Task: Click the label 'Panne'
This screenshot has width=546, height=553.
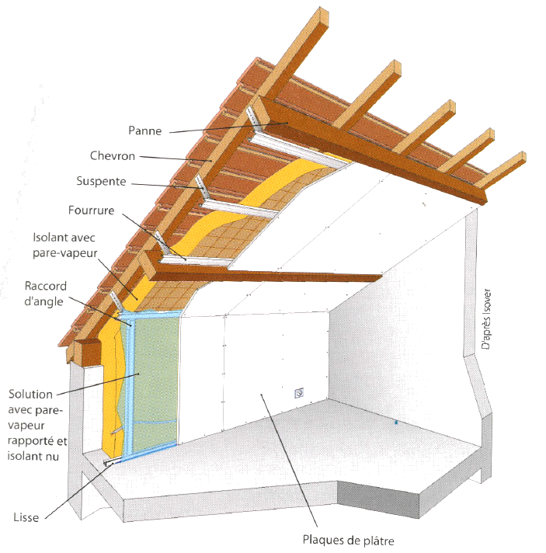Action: [x=145, y=130]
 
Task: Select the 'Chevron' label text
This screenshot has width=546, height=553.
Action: [x=113, y=156]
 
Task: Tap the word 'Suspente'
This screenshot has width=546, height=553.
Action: [x=101, y=181]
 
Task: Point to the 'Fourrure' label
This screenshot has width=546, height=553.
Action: [x=92, y=210]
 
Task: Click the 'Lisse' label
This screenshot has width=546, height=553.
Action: [x=26, y=517]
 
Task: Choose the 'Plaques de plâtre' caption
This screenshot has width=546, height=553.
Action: [x=349, y=540]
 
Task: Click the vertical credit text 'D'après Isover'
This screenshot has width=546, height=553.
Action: [x=486, y=319]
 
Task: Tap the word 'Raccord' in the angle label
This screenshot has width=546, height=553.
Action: [x=46, y=286]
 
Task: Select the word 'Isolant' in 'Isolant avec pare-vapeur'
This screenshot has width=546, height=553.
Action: [x=48, y=238]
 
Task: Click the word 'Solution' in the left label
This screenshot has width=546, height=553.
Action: [x=30, y=394]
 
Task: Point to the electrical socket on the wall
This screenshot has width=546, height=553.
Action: [x=299, y=392]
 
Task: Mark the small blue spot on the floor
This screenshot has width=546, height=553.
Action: [x=396, y=422]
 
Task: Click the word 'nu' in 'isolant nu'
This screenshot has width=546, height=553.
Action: [x=53, y=457]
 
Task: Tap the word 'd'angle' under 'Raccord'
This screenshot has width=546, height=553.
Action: [x=43, y=301]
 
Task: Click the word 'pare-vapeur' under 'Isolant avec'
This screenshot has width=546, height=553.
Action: [x=65, y=253]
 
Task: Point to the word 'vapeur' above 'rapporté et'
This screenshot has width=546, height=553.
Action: [x=26, y=426]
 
